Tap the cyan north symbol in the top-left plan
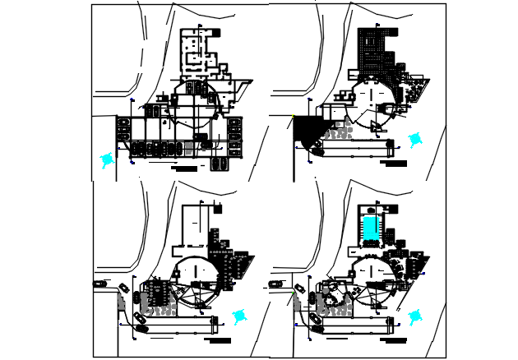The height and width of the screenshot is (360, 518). click(106, 160)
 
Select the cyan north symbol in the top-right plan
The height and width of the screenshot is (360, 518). click(415, 141)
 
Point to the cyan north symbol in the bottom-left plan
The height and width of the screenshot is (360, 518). click(239, 316)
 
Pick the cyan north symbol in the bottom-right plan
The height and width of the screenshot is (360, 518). click(414, 316)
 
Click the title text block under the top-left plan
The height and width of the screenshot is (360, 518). click(186, 168)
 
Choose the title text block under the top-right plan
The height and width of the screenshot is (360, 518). click(394, 163)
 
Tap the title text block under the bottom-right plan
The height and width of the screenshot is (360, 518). click(395, 339)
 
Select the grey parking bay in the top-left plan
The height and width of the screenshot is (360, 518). click(190, 149)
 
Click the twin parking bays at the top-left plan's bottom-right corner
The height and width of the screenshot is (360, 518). click(220, 164)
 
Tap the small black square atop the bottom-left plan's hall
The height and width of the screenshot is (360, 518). click(217, 209)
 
